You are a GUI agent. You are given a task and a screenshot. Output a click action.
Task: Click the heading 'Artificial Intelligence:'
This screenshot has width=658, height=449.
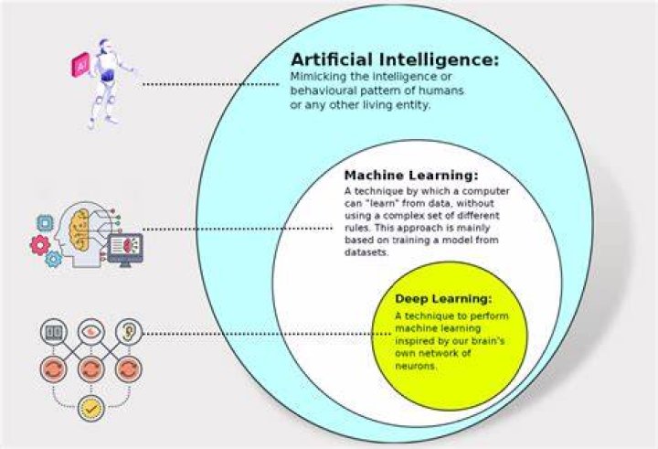tap(395, 59)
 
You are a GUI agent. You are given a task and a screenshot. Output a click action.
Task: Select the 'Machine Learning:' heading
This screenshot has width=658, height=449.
tap(411, 176)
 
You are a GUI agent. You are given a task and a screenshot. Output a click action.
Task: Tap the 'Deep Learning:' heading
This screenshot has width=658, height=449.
tap(443, 299)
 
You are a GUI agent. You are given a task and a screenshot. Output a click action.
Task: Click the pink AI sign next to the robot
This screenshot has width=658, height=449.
tap(80, 65)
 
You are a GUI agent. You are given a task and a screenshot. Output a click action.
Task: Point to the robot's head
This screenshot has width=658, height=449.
tap(104, 46)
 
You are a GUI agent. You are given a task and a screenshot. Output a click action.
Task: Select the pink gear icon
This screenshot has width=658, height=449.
tap(40, 245)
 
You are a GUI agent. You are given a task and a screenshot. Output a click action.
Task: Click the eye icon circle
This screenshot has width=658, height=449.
tap(90, 331)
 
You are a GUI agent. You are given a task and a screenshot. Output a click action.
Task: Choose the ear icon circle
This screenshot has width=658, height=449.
tap(129, 331)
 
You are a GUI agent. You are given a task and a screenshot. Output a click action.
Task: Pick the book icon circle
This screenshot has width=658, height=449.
tap(54, 332)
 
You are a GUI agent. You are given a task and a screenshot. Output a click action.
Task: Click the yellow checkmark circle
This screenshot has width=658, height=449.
tap(91, 408)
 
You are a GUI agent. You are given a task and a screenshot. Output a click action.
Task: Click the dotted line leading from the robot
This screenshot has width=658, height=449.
tap(211, 84)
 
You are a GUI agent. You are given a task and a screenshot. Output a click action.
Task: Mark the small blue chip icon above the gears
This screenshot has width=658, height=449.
tap(45, 223)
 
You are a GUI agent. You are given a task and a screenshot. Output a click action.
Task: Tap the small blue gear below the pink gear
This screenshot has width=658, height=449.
tap(53, 259)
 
